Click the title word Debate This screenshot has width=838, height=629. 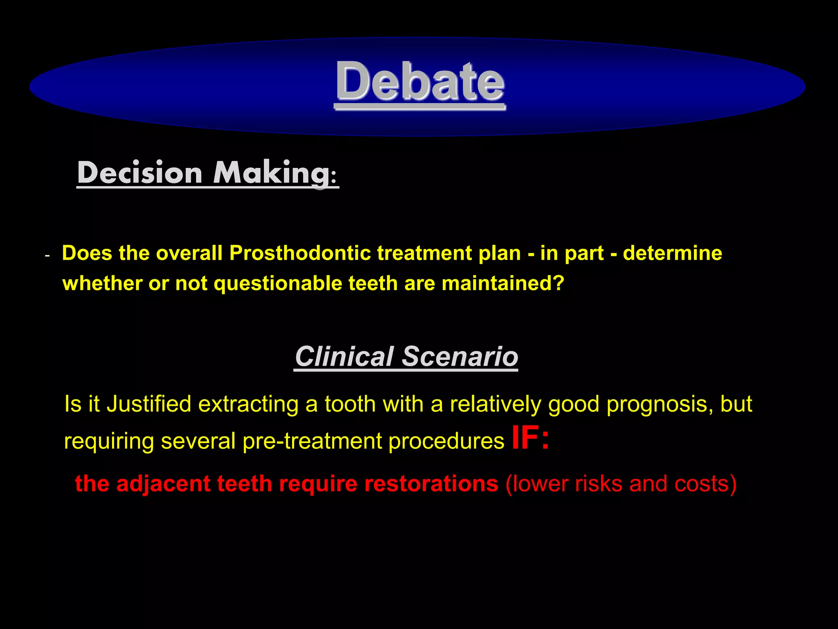[420, 82]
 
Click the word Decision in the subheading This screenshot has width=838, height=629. [140, 173]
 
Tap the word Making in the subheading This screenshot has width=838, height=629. [272, 173]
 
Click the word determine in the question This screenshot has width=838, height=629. [672, 253]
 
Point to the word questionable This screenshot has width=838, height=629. [278, 283]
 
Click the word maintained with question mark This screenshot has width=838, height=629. [503, 283]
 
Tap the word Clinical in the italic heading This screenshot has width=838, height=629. [344, 356]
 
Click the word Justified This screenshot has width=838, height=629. [149, 404]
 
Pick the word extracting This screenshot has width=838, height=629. [248, 404]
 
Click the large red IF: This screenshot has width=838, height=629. [531, 438]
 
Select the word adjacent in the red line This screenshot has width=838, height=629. [163, 484]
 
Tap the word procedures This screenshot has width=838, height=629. [446, 441]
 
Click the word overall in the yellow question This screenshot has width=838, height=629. [189, 253]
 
